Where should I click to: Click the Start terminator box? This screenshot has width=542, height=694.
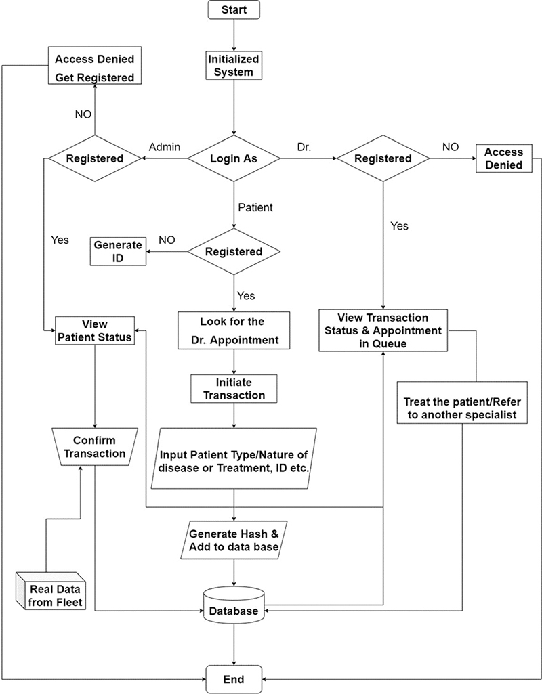[x=234, y=9]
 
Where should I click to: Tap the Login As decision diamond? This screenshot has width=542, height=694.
[x=234, y=158]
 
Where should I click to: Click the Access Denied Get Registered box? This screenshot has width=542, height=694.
[x=95, y=66]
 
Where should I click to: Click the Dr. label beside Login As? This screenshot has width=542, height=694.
[x=305, y=147]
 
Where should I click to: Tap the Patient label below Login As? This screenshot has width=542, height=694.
[x=255, y=207]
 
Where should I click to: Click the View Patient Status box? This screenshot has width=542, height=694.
[x=94, y=330]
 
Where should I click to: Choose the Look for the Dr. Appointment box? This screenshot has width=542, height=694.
[x=234, y=330]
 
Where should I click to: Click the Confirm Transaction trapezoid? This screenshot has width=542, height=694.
[x=94, y=446]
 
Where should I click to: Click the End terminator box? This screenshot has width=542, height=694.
[x=234, y=678]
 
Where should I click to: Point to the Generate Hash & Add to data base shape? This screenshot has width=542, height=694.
[x=234, y=540]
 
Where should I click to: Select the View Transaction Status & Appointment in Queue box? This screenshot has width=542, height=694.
[x=383, y=330]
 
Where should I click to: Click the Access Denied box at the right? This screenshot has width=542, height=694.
[x=503, y=158]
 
